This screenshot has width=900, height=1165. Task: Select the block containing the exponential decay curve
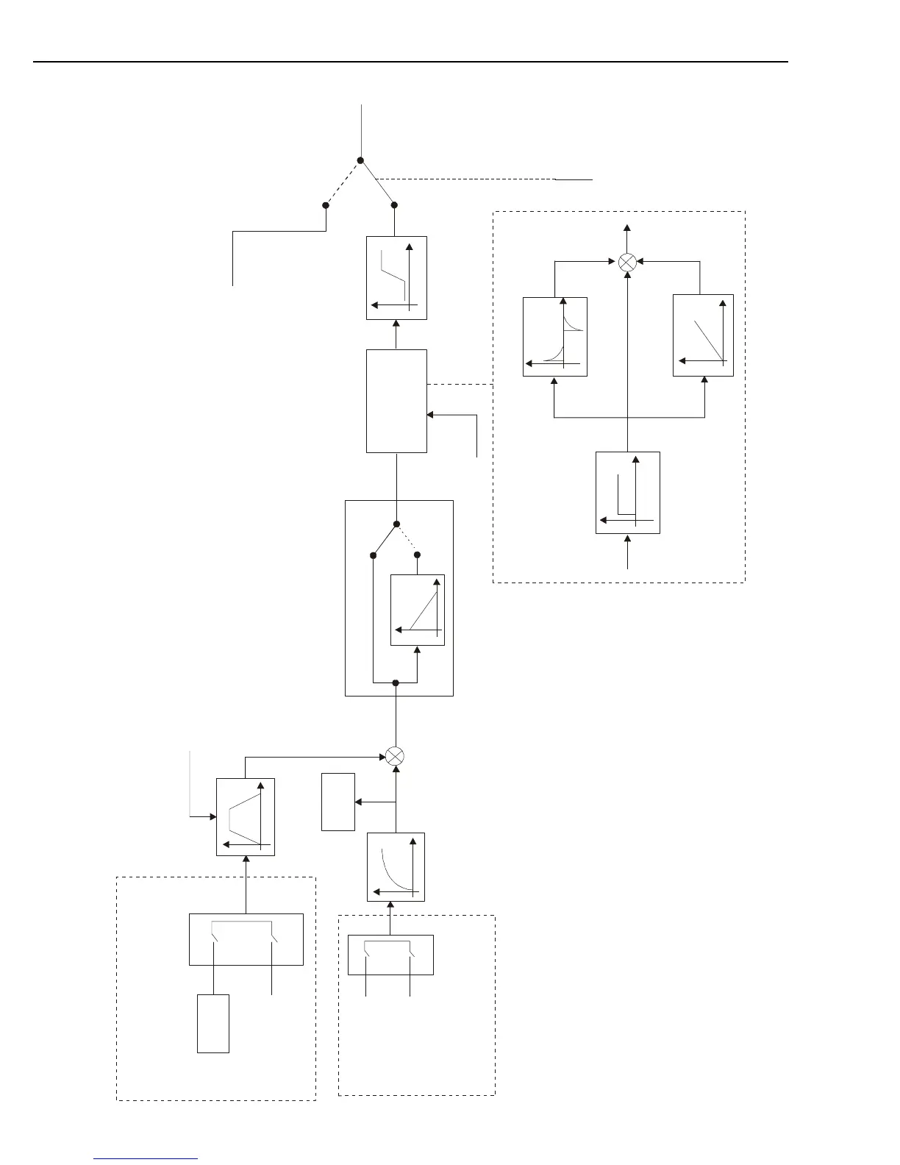coord(396,866)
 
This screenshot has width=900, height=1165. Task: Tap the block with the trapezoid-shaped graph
coord(246,817)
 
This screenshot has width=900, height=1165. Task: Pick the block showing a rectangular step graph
coord(627,492)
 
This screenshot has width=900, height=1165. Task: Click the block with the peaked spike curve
coord(555,337)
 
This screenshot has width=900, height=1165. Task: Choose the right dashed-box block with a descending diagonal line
coord(703,335)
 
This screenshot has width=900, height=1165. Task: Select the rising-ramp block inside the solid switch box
coord(418,610)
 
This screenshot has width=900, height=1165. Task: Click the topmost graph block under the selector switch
coord(396,278)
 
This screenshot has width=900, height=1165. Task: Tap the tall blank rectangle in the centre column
coord(396,401)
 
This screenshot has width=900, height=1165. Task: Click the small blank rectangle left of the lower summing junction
coord(338,802)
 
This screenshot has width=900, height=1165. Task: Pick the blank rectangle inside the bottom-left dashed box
coord(213,1023)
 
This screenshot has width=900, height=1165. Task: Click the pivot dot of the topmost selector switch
coord(361,160)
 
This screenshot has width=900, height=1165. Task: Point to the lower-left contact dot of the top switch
coord(326,205)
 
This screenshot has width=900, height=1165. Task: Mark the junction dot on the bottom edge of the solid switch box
coord(396,683)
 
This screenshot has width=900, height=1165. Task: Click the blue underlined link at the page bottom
coord(146,1158)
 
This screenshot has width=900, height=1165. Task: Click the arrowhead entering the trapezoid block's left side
coord(213,816)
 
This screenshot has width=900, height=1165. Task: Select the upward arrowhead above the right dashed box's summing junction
coord(626,228)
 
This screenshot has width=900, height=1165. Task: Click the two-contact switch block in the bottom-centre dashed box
coord(390,955)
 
